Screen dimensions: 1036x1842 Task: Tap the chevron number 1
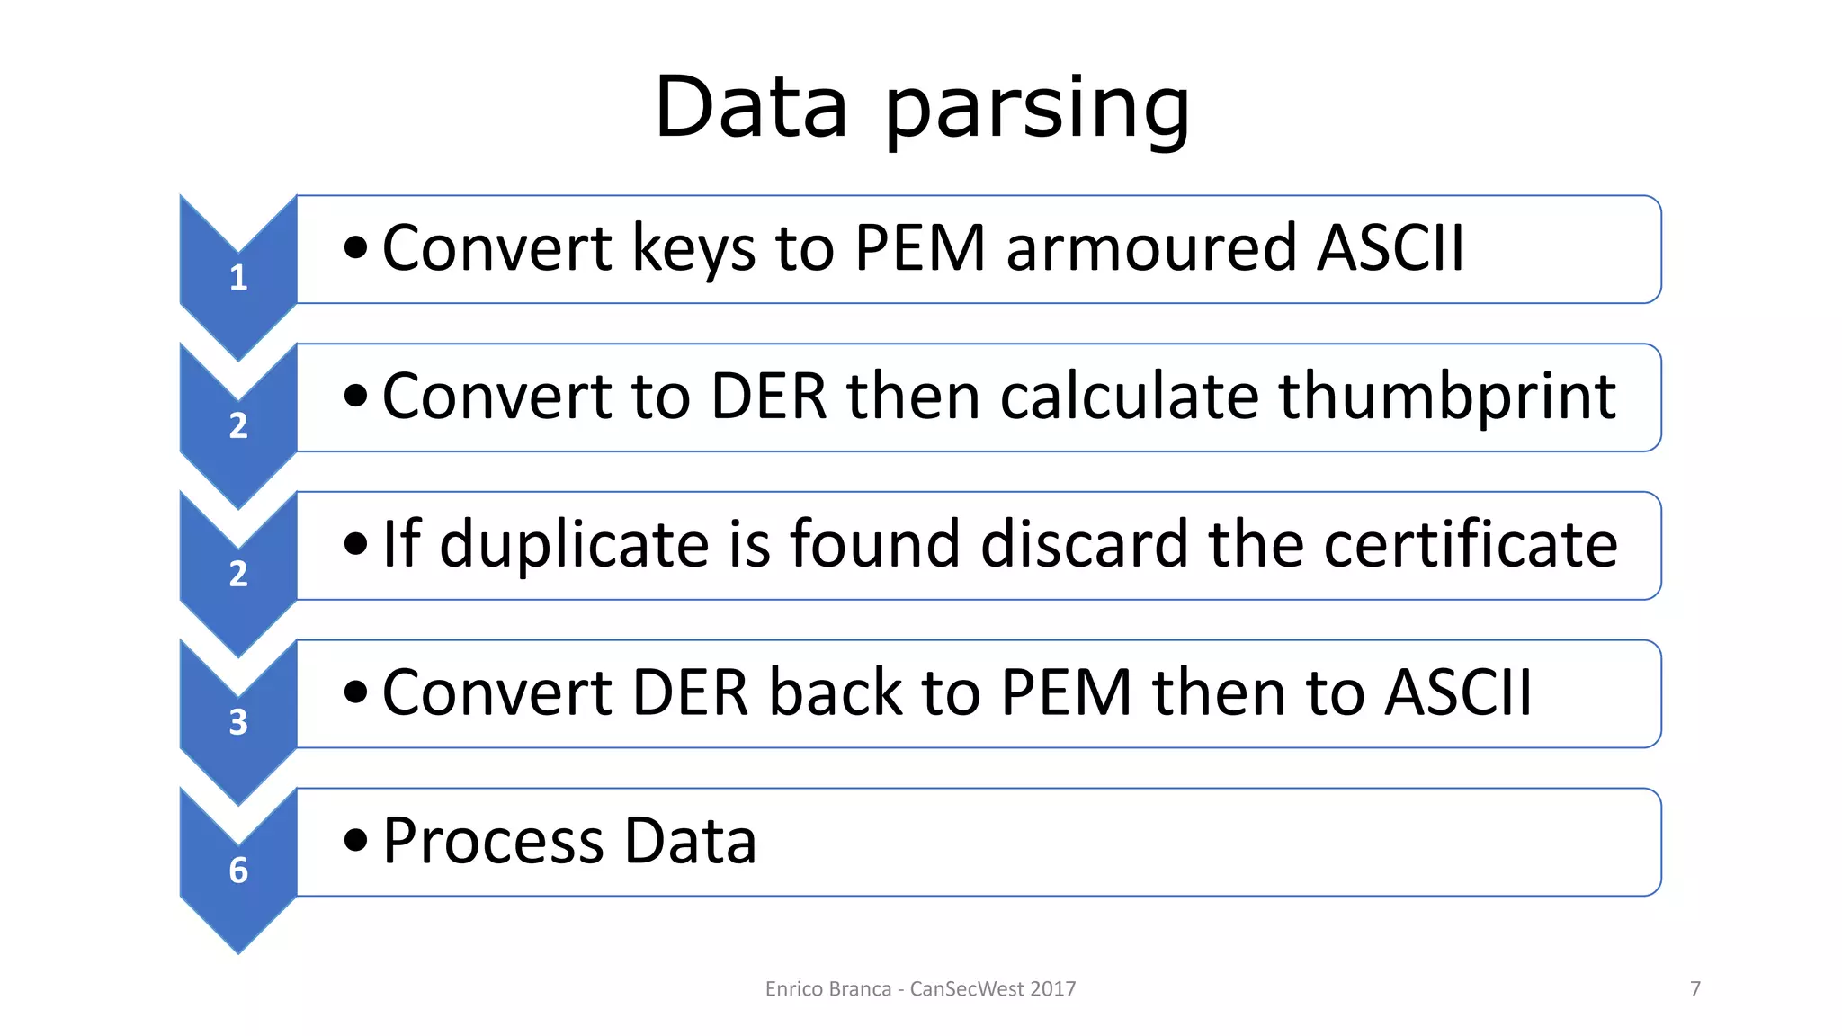pos(238,277)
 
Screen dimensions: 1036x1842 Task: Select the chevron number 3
pos(238,721)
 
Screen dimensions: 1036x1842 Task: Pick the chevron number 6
pos(238,870)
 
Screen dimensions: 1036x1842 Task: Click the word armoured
pos(1150,248)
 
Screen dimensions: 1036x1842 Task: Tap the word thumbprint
pos(1447,397)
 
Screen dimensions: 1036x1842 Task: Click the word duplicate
pos(574,545)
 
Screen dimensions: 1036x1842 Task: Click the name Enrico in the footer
pos(791,989)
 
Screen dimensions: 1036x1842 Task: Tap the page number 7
pos(1695,989)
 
